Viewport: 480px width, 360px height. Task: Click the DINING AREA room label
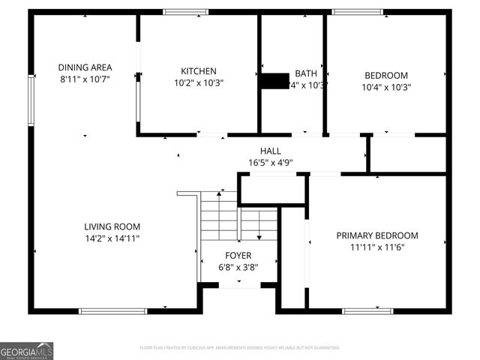pyautogui.click(x=85, y=67)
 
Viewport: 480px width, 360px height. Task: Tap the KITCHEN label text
pyautogui.click(x=199, y=71)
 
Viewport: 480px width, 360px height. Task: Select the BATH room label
pyautogui.click(x=305, y=73)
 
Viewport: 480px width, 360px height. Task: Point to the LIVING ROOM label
pyautogui.click(x=112, y=226)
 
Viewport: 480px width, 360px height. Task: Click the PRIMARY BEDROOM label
pyautogui.click(x=377, y=235)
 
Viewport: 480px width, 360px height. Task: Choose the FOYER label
pyautogui.click(x=238, y=256)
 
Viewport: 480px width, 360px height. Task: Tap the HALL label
pyautogui.click(x=271, y=151)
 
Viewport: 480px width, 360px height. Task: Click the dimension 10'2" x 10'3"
pyautogui.click(x=199, y=83)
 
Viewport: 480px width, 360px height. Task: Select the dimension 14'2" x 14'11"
pyautogui.click(x=112, y=238)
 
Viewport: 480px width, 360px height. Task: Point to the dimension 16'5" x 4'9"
pyautogui.click(x=271, y=162)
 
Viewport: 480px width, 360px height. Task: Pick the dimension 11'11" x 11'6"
pyautogui.click(x=377, y=247)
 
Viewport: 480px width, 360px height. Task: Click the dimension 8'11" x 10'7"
pyautogui.click(x=85, y=79)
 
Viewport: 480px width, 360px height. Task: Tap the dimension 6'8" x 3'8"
pyautogui.click(x=238, y=268)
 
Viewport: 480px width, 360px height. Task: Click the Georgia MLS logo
pyautogui.click(x=27, y=351)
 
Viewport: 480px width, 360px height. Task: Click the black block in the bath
pyautogui.click(x=275, y=81)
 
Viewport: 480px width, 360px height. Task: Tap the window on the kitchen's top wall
pyautogui.click(x=186, y=11)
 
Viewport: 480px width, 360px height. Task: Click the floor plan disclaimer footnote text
pyautogui.click(x=240, y=348)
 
